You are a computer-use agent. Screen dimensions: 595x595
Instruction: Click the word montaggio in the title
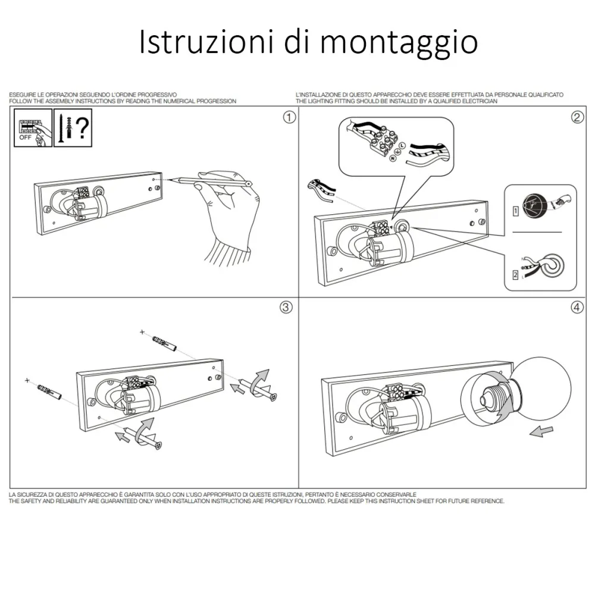point(399,43)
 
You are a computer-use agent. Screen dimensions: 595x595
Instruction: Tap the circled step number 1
point(289,117)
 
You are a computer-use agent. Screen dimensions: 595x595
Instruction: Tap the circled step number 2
point(577,117)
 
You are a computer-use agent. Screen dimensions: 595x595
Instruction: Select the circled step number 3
point(286,307)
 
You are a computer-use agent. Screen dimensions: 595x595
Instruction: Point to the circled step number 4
point(577,307)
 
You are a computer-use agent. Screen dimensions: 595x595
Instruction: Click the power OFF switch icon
point(33,128)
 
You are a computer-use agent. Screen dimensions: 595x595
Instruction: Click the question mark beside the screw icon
point(82,128)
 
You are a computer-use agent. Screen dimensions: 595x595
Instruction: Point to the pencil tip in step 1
point(170,180)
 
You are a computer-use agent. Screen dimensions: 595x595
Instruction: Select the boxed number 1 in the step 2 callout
point(515,211)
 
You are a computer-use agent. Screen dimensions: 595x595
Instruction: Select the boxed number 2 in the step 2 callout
point(515,274)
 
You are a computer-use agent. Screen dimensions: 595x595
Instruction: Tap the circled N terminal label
point(393,158)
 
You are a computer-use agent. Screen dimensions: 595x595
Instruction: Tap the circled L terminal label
point(402,146)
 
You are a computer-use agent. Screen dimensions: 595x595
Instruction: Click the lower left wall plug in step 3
point(49,391)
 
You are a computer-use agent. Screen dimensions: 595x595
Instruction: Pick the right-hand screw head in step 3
point(273,397)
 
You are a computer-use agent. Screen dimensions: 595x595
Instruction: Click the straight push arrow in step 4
point(541,431)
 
